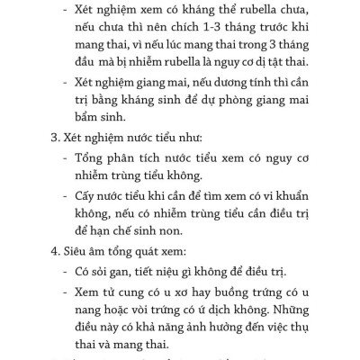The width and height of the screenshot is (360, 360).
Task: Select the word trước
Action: point(274,30)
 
